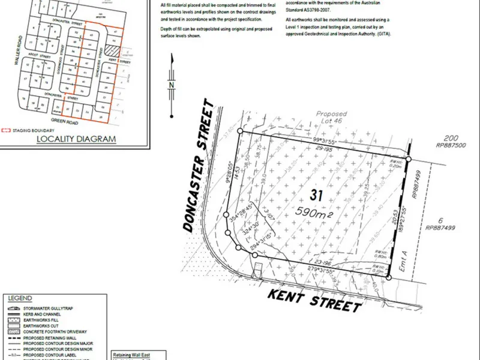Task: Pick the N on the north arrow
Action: (x=172, y=85)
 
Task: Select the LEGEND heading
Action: (x=21, y=297)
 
